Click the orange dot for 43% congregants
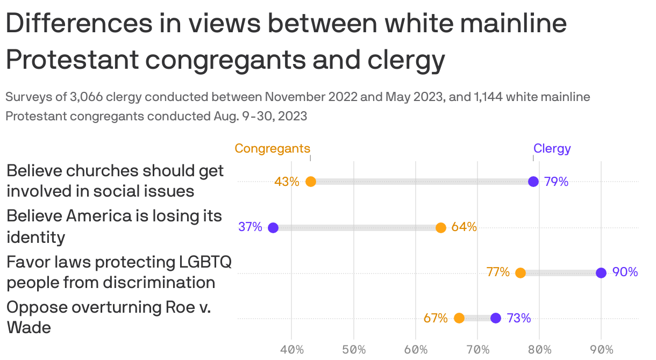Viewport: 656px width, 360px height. (310, 182)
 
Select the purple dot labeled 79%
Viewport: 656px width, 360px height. (533, 182)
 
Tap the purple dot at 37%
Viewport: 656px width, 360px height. (273, 227)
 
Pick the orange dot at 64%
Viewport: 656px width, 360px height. (441, 227)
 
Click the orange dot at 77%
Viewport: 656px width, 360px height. (520, 273)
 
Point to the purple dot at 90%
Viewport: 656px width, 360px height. (601, 273)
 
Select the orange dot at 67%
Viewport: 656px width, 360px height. (459, 318)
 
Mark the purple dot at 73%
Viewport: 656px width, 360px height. (496, 318)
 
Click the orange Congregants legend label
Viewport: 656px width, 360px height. (273, 148)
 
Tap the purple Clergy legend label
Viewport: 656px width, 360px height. (552, 148)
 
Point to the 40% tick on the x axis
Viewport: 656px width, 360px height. (291, 350)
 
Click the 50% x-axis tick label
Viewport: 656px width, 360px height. (354, 350)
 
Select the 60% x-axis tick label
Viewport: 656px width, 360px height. (416, 350)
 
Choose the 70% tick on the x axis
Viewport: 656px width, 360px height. (477, 350)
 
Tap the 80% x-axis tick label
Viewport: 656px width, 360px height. (539, 350)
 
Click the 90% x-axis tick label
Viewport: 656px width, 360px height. (601, 350)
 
